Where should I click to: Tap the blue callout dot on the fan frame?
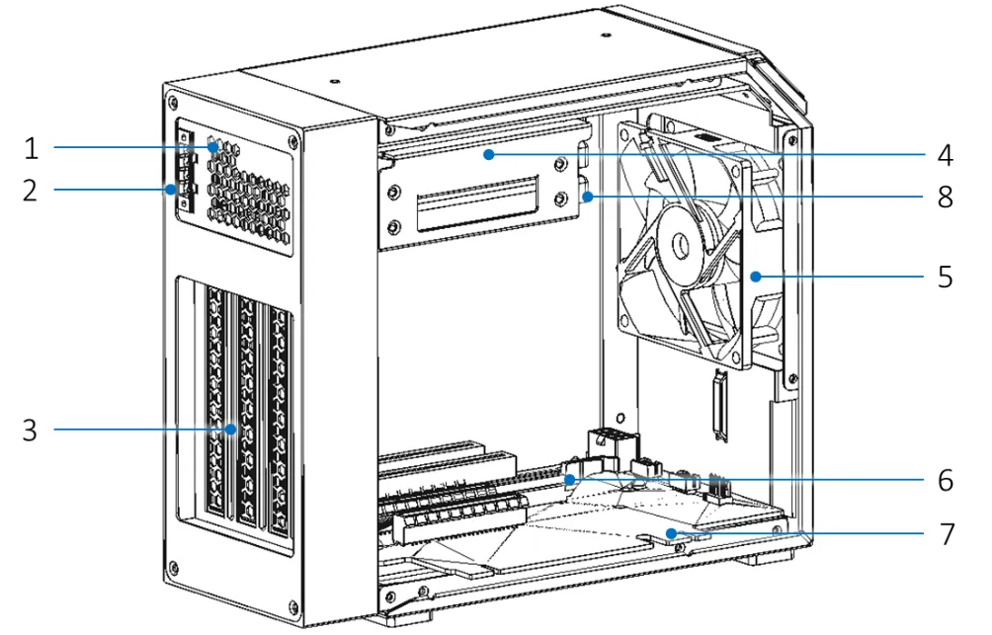coord(755,277)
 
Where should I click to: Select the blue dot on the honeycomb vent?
coord(213,147)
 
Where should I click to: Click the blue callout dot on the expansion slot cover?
coord(231,429)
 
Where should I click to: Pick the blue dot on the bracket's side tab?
coord(588,198)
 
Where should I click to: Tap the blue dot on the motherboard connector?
coord(570,479)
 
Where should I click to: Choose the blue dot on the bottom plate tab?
coord(672,533)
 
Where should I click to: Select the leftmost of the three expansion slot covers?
coord(216,405)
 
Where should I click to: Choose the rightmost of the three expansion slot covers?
coord(282,425)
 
